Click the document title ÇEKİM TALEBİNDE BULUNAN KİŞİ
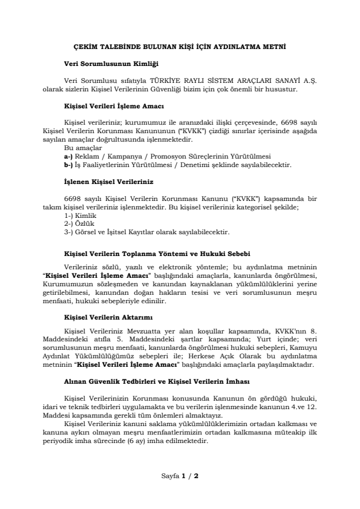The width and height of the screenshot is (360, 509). point(180,45)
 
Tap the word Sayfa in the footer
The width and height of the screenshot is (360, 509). point(171,476)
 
